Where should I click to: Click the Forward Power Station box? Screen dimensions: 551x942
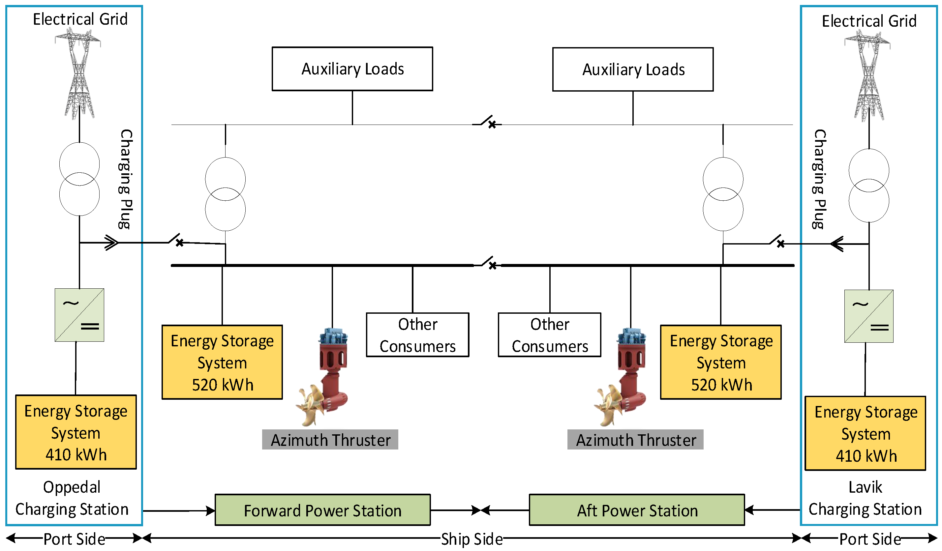tap(322, 510)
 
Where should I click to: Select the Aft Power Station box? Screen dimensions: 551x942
tap(637, 510)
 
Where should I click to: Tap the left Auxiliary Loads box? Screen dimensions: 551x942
tap(352, 69)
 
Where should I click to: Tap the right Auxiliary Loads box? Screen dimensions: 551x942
tap(633, 70)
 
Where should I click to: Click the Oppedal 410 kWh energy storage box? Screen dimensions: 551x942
tap(76, 432)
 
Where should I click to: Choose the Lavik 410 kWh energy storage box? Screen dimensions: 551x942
tap(866, 433)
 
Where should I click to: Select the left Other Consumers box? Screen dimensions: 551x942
tap(417, 335)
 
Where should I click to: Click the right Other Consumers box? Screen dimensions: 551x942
tap(550, 335)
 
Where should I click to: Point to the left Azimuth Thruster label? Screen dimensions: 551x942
tap(330, 440)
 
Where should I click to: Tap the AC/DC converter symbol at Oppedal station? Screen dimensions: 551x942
tap(79, 315)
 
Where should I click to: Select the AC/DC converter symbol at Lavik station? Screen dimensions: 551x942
tap(869, 316)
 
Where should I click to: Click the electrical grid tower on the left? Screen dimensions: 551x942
tap(79, 75)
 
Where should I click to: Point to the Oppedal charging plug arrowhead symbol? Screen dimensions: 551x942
tap(111, 243)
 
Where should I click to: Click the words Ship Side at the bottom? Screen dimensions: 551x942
tap(472, 539)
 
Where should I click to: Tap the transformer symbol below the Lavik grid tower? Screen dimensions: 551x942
tap(869, 186)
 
